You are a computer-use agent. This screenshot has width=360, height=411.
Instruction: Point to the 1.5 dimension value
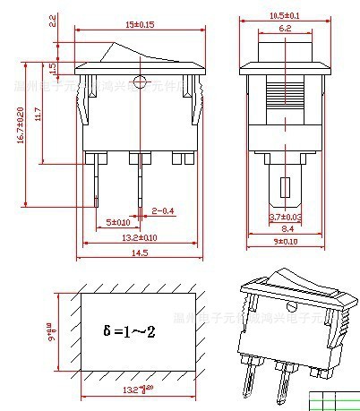[53, 67]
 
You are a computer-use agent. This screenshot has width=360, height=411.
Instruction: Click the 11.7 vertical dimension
[38, 115]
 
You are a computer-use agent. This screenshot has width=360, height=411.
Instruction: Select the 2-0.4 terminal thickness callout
[163, 210]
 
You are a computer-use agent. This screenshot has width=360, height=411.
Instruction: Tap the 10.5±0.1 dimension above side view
[286, 15]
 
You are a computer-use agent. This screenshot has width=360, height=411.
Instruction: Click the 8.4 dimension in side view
[286, 229]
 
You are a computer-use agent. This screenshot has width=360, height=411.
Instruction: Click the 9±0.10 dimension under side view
[286, 242]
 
